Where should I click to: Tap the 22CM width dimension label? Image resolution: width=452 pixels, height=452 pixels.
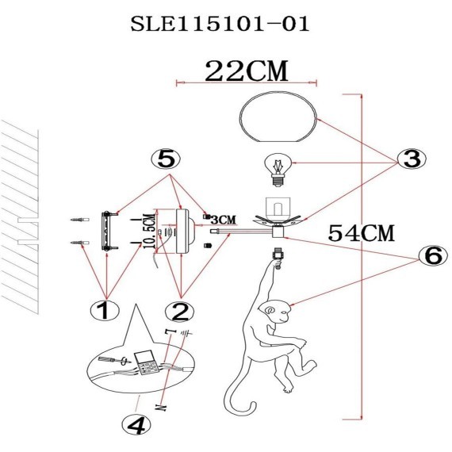tap(245, 71)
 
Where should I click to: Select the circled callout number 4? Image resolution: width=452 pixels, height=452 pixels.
tap(136, 427)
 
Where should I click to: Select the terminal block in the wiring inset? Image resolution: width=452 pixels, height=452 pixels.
tap(145, 364)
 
